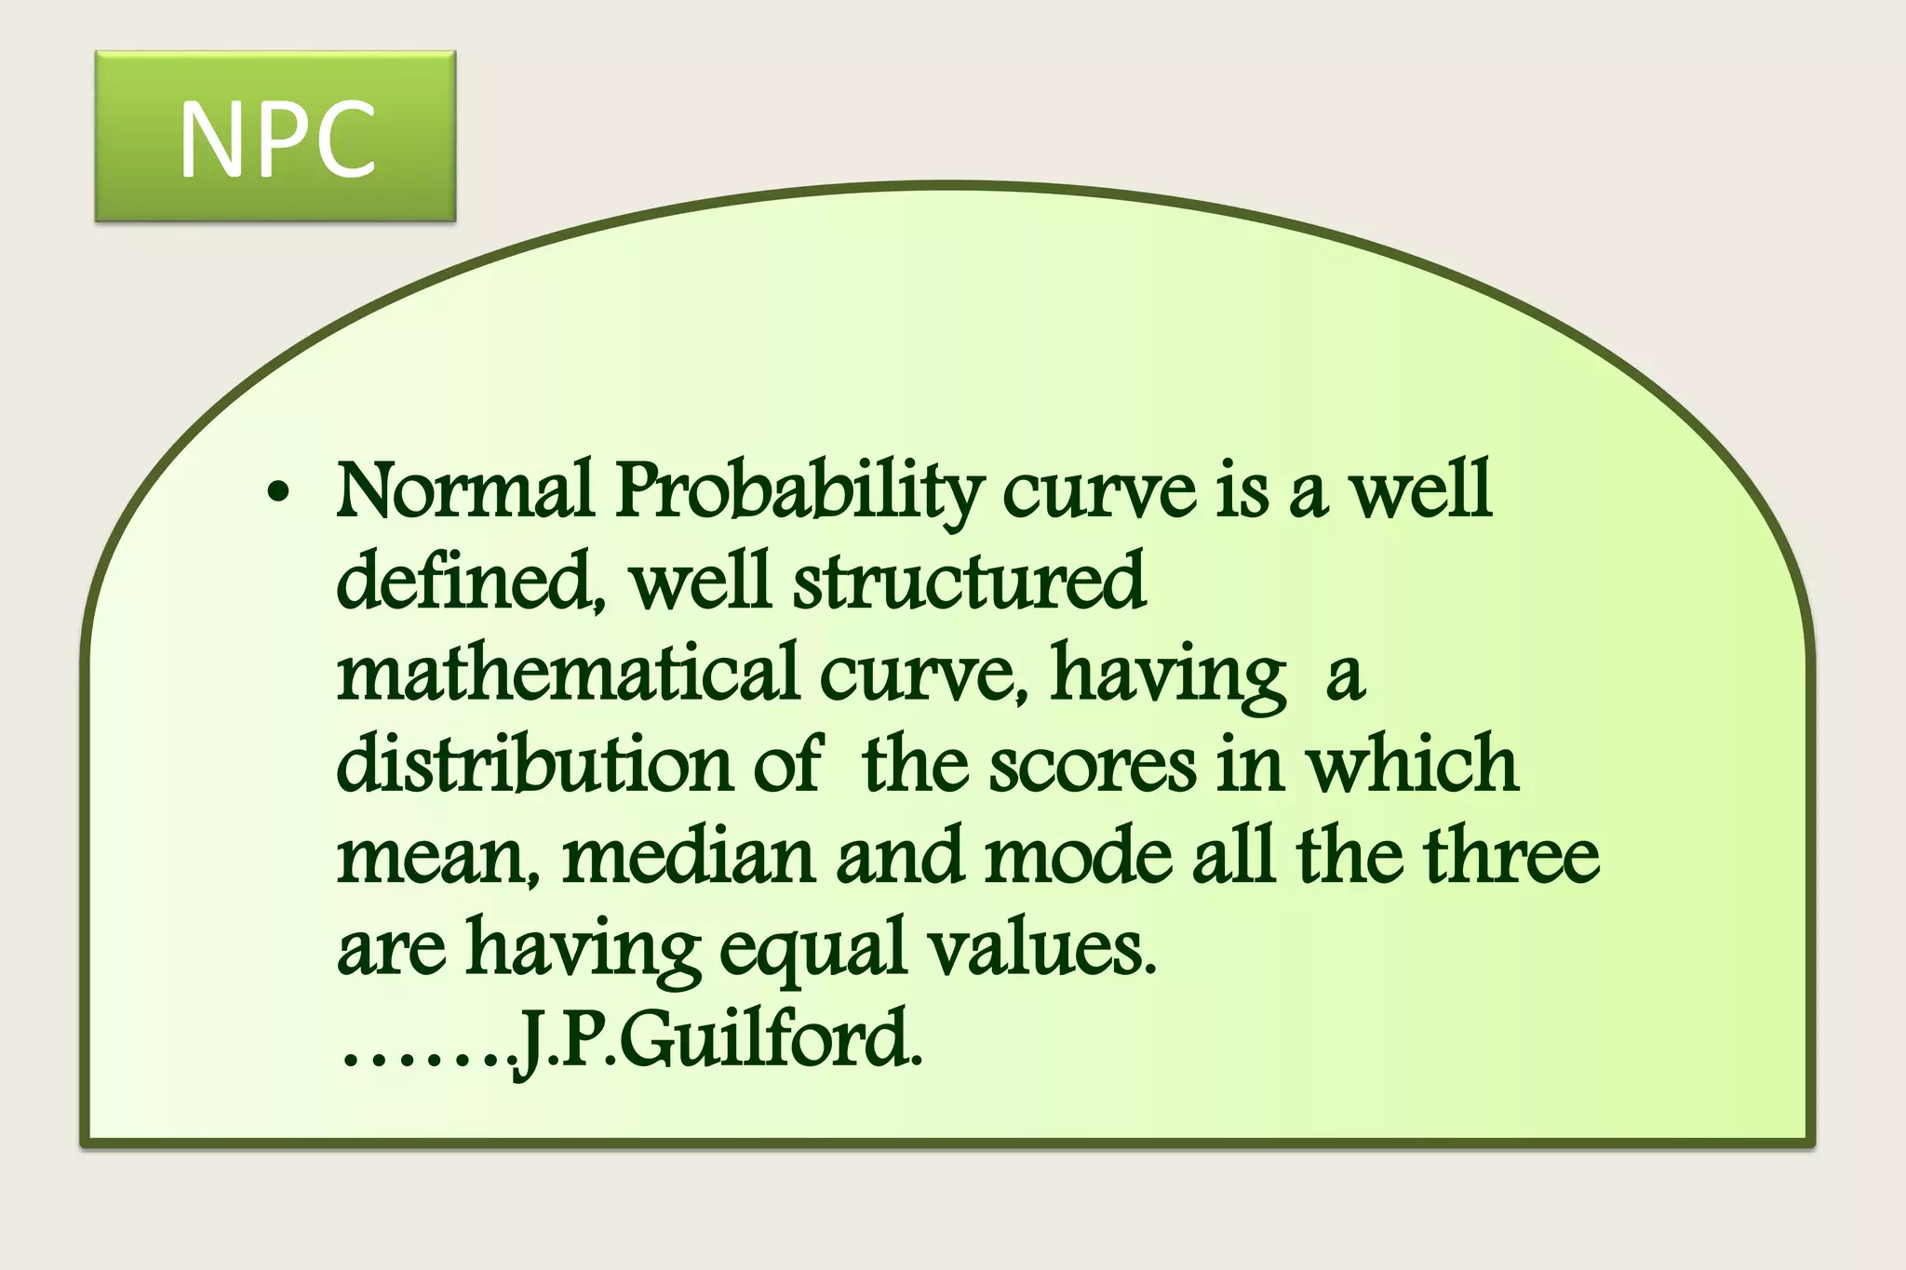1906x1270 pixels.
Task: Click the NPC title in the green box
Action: point(276,140)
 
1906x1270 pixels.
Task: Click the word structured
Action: point(969,581)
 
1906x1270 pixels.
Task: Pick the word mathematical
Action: point(568,672)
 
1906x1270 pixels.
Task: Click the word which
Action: point(1412,763)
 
